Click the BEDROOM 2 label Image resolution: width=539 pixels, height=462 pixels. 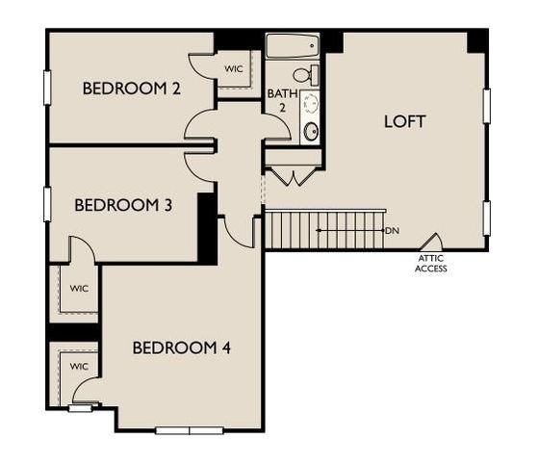tap(132, 89)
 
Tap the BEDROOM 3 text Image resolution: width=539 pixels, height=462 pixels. tap(123, 205)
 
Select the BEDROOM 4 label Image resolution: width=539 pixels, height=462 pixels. tap(182, 347)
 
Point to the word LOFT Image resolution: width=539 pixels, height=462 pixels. tap(404, 122)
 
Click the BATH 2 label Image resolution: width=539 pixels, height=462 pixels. tap(277, 100)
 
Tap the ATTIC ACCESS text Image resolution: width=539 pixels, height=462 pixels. tap(430, 263)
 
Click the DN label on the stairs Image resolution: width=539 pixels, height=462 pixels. tap(392, 231)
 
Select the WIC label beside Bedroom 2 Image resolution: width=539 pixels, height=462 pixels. tap(233, 69)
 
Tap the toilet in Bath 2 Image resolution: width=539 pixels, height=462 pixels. tap(302, 75)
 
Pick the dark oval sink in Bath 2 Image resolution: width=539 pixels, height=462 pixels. tap(311, 131)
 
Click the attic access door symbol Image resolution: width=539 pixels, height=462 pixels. tap(431, 243)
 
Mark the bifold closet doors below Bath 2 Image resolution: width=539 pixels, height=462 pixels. tap(293, 176)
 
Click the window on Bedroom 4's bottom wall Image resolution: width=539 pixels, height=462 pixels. tap(190, 429)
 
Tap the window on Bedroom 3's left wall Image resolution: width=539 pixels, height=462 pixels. tap(46, 203)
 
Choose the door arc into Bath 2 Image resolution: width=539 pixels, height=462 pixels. tap(276, 132)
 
